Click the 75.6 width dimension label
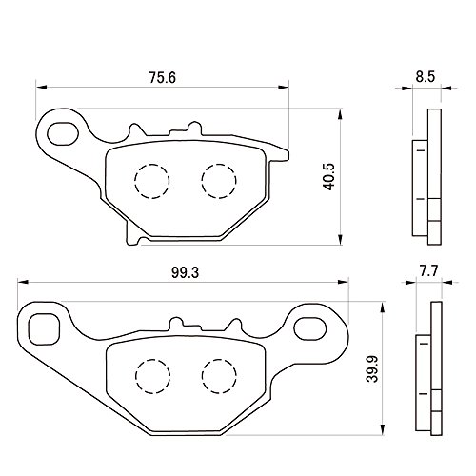tap(162, 78)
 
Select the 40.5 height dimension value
tap(328, 177)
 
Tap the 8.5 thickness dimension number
tap(426, 77)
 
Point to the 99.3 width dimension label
tap(185, 272)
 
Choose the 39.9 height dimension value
tap(372, 368)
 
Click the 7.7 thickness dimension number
tap(428, 271)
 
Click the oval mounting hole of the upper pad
tap(63, 133)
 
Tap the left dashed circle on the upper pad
tap(152, 181)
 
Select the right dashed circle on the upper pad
tap(219, 181)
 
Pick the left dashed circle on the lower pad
tap(152, 376)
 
